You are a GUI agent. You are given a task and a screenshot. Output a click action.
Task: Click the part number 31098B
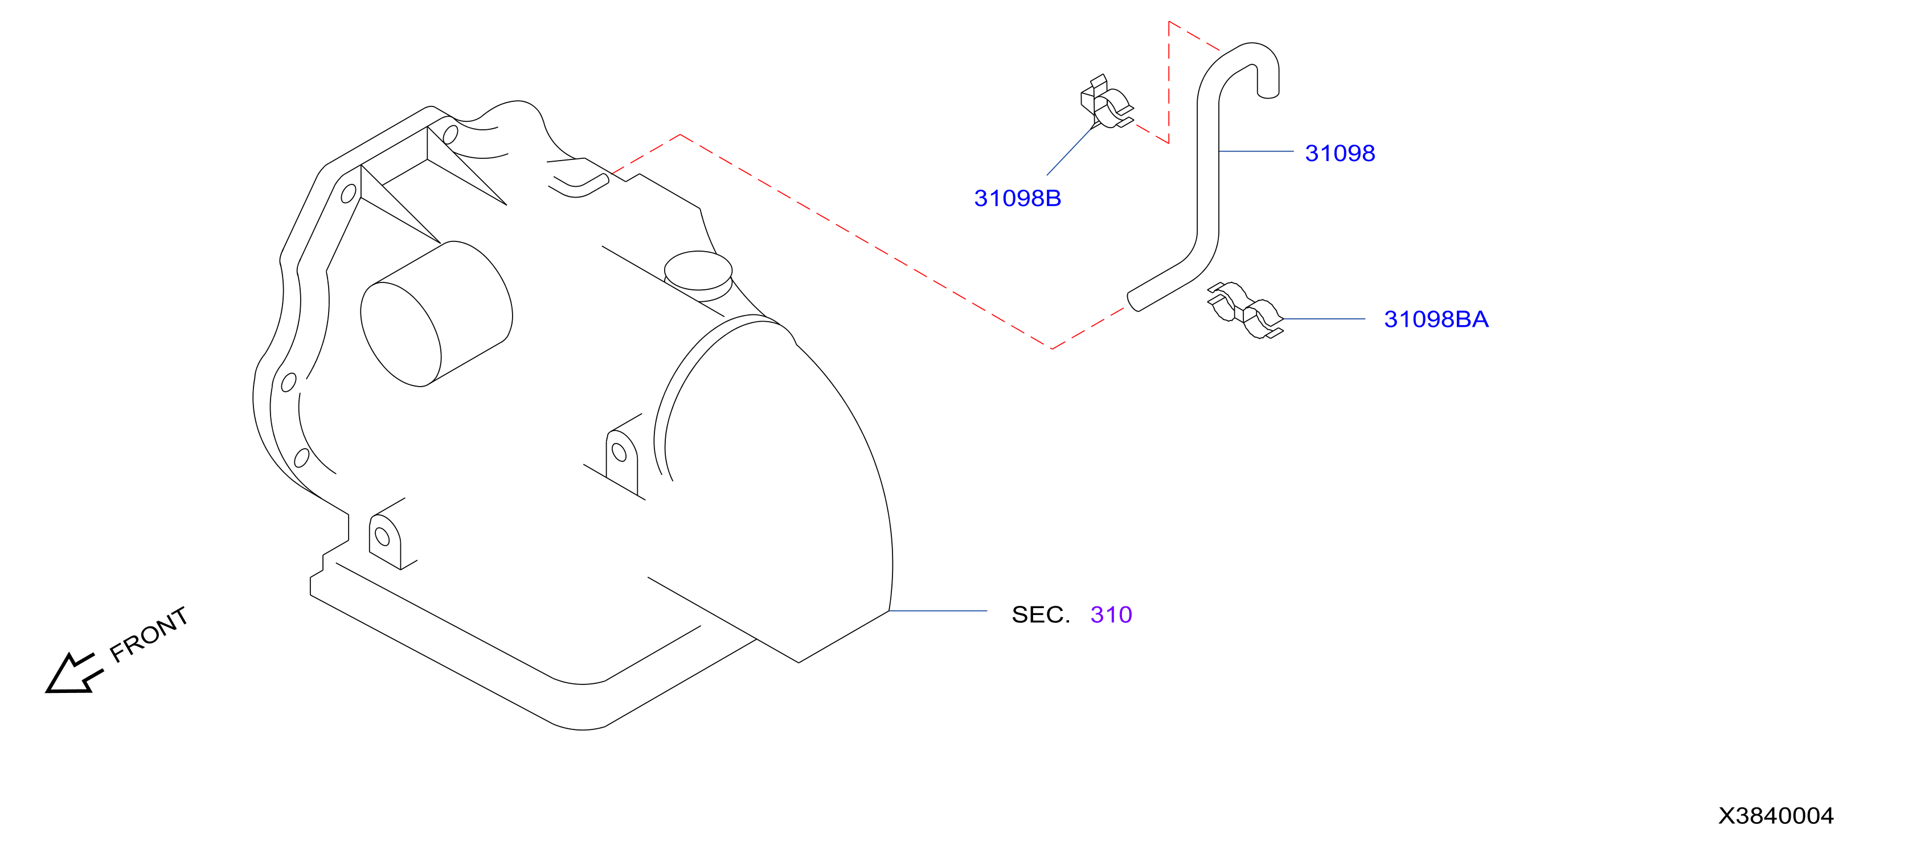click(1017, 199)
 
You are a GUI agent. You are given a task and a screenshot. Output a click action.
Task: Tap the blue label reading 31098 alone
click(1340, 153)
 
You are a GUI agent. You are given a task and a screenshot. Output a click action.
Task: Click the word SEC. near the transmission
click(1041, 615)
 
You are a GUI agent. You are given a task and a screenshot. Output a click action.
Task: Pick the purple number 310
click(1111, 615)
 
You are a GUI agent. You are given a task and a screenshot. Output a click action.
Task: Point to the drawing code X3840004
click(1775, 815)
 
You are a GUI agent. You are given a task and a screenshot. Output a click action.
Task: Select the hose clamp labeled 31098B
click(1106, 103)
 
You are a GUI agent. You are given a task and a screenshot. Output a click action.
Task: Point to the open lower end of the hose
click(1134, 301)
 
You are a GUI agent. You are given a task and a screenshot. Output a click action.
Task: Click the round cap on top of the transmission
click(698, 271)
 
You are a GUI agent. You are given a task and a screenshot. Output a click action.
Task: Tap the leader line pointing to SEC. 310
click(937, 611)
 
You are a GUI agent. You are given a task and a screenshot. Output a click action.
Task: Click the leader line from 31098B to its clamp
click(1071, 150)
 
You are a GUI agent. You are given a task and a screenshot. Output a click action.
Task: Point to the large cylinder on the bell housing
click(436, 314)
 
